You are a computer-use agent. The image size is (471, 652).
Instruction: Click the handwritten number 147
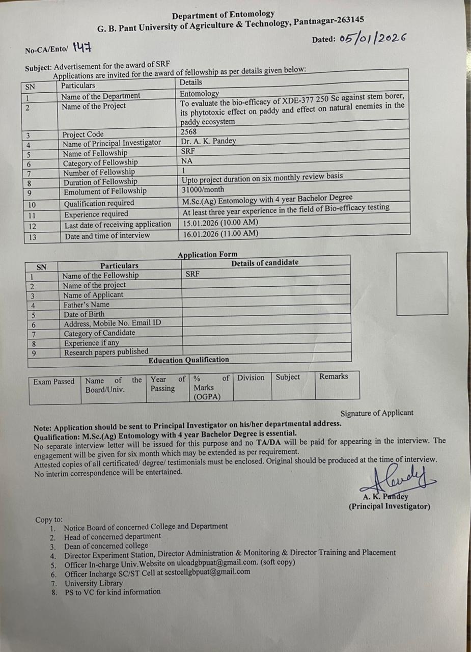click(82, 48)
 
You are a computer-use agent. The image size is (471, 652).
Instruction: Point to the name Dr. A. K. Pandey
click(208, 141)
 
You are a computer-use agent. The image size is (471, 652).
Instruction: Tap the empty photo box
click(422, 283)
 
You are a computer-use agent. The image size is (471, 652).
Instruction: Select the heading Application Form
click(207, 254)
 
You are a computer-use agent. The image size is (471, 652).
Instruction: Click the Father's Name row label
click(86, 305)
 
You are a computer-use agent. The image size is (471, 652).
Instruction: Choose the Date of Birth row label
click(84, 314)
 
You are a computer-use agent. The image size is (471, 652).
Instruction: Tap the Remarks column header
click(334, 376)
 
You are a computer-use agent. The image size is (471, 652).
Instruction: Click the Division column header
click(251, 377)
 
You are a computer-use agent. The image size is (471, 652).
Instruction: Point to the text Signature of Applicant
click(377, 413)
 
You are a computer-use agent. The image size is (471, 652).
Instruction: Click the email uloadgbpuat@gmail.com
click(217, 562)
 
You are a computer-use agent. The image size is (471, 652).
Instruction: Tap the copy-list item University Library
click(93, 583)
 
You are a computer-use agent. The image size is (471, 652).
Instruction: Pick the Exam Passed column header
click(54, 382)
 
